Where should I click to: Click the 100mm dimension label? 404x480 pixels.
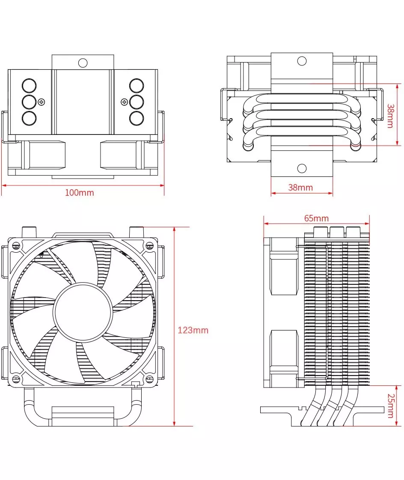pyautogui.click(x=79, y=193)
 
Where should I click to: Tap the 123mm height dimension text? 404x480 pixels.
pyautogui.click(x=193, y=330)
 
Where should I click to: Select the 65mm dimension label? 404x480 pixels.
pyautogui.click(x=316, y=218)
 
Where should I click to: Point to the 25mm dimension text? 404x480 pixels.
pyautogui.click(x=390, y=406)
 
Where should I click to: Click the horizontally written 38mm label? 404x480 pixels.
pyautogui.click(x=300, y=188)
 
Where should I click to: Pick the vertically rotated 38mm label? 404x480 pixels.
pyautogui.click(x=390, y=116)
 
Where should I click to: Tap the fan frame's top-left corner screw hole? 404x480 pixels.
pyautogui.click(x=16, y=246)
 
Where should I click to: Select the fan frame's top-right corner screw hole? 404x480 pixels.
pyautogui.click(x=149, y=245)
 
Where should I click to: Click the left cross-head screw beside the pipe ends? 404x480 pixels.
pyautogui.click(x=41, y=102)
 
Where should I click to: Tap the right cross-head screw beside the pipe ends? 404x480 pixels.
pyautogui.click(x=124, y=102)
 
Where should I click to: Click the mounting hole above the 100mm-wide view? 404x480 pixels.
pyautogui.click(x=83, y=63)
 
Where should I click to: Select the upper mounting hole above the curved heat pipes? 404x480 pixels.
pyautogui.click(x=302, y=61)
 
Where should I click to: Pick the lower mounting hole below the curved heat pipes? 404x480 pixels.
pyautogui.click(x=302, y=168)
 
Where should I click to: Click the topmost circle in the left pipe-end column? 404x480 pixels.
pyautogui.click(x=29, y=86)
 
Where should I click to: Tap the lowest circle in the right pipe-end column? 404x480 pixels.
pyautogui.click(x=136, y=118)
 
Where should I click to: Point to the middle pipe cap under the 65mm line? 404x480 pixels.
pyautogui.click(x=336, y=232)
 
